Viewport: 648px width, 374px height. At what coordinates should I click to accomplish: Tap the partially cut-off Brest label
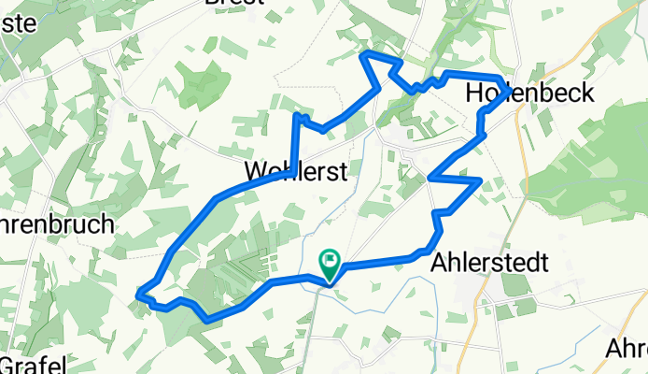click(233, 3)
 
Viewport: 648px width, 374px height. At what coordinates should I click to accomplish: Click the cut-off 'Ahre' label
click(626, 349)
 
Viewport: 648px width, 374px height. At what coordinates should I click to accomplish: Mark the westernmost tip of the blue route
click(138, 295)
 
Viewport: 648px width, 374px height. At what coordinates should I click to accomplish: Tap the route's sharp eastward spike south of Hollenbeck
click(480, 179)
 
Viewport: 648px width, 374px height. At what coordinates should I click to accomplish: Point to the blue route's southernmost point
click(205, 320)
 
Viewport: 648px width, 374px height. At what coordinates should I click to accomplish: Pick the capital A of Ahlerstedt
click(440, 263)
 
